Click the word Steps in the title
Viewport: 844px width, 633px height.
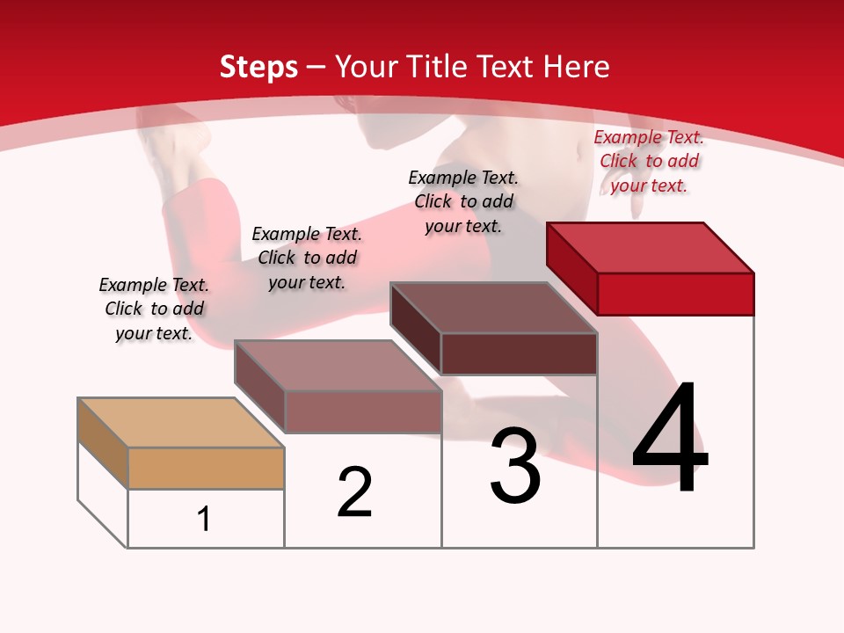[x=258, y=67]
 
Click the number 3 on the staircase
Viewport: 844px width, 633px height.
[x=515, y=466]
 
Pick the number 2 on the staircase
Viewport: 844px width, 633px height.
[x=354, y=492]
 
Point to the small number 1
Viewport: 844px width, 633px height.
[x=204, y=519]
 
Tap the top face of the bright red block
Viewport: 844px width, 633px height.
[x=651, y=248]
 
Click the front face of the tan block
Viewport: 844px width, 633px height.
[x=206, y=468]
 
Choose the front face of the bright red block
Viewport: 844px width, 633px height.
[x=675, y=293]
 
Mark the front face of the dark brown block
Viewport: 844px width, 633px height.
[x=519, y=353]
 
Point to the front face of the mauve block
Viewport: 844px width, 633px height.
[x=362, y=411]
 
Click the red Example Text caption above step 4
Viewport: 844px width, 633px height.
[x=649, y=162]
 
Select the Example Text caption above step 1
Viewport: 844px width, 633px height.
[x=154, y=309]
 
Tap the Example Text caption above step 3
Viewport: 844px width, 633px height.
[x=463, y=201]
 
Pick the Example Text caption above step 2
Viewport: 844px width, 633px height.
[x=307, y=258]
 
